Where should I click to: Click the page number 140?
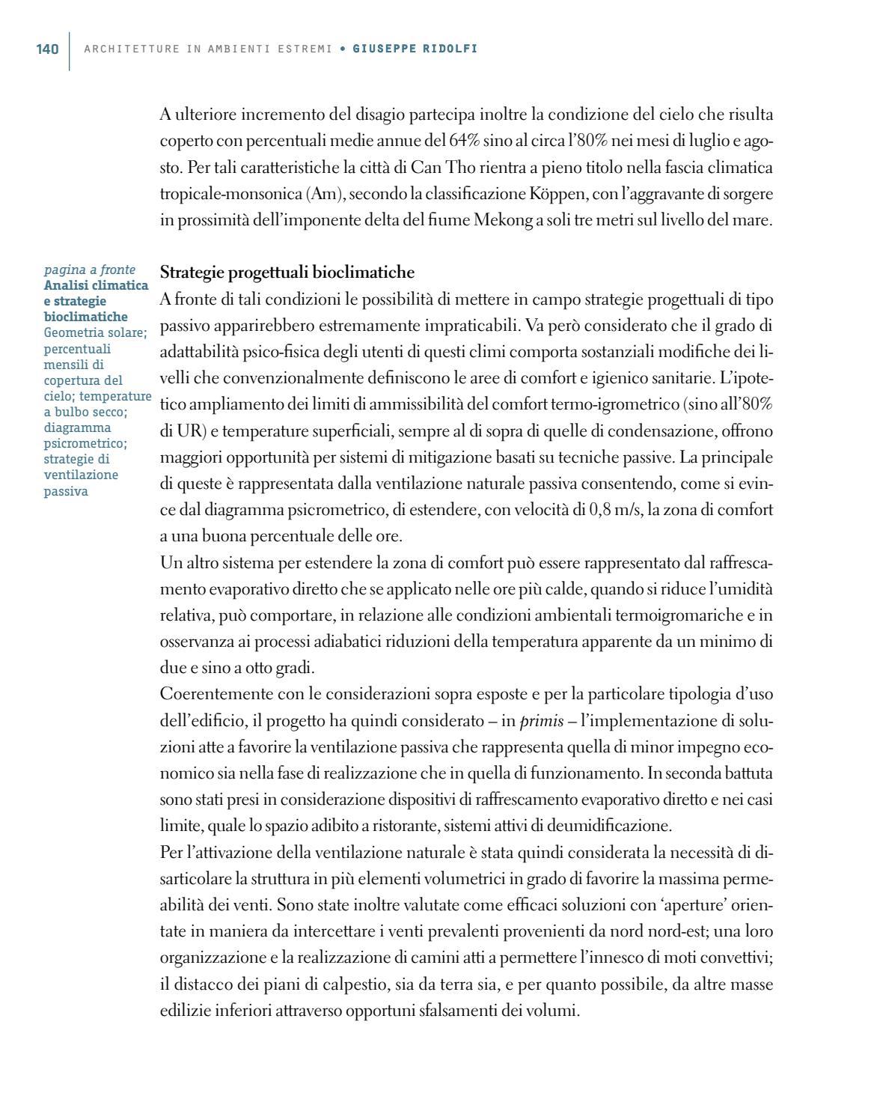[47, 49]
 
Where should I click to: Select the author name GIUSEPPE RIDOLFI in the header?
[415, 49]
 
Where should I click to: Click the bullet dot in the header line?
[342, 49]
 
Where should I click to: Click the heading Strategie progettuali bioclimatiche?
[287, 272]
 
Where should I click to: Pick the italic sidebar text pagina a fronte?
[90, 270]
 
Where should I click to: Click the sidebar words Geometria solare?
[94, 332]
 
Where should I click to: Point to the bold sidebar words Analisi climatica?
[96, 285]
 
